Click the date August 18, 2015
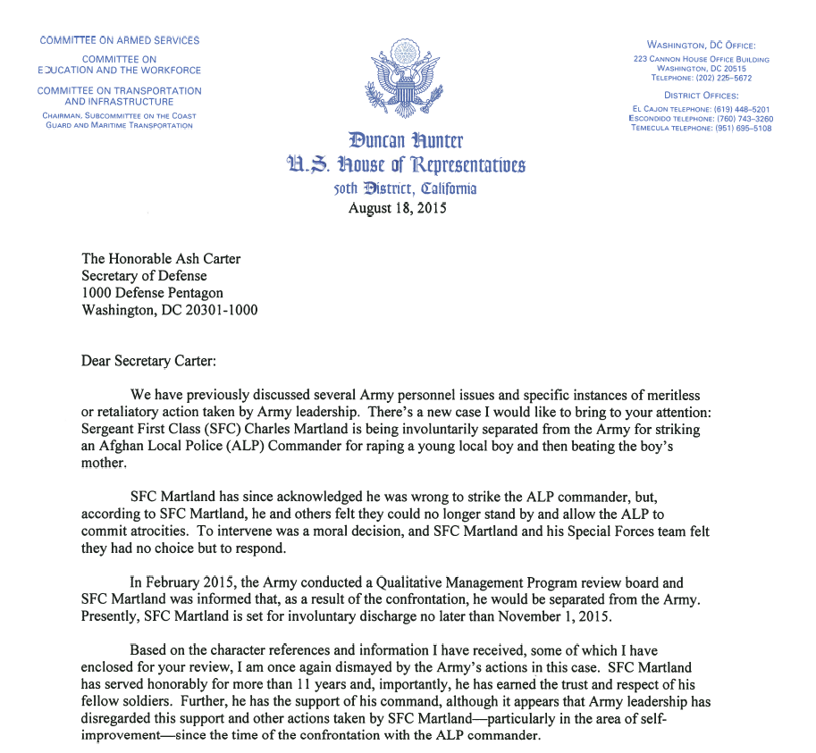point(396,208)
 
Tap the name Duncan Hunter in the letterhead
point(406,141)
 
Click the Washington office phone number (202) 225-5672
point(719,78)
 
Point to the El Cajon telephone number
point(737,108)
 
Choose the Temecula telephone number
point(737,128)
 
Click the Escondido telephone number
point(738,118)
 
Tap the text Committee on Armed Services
point(119,40)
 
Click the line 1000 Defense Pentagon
point(152,293)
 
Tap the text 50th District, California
point(405,188)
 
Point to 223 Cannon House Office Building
point(701,59)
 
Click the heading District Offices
point(701,95)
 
